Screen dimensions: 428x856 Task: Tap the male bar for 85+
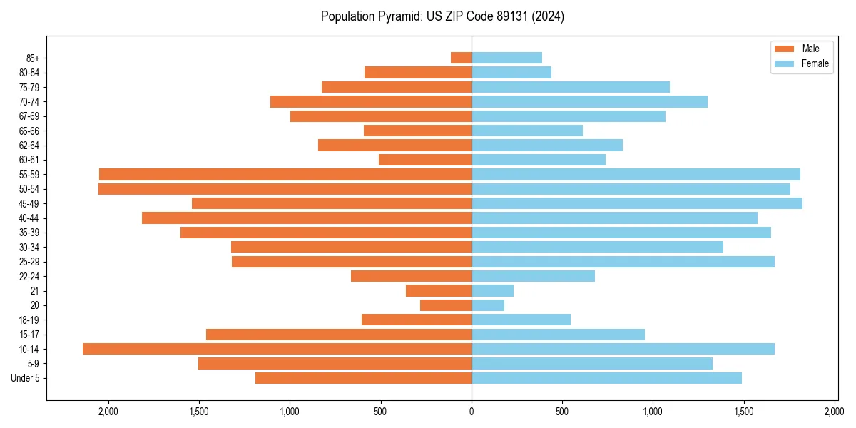click(461, 58)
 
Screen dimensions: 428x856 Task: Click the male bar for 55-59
click(285, 174)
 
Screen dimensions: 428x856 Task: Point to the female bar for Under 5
click(606, 378)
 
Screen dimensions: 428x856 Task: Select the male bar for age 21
click(439, 290)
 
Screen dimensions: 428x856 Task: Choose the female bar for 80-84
click(511, 72)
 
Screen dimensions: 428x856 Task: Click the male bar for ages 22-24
click(411, 276)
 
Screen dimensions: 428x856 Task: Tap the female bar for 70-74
click(589, 101)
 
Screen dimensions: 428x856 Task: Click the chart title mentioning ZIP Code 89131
click(442, 16)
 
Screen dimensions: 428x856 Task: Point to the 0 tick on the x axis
click(472, 412)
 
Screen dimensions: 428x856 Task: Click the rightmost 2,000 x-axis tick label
click(835, 412)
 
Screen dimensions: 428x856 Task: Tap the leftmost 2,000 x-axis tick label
click(108, 412)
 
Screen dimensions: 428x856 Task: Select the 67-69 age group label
click(29, 116)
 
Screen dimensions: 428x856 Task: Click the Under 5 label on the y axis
click(26, 378)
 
